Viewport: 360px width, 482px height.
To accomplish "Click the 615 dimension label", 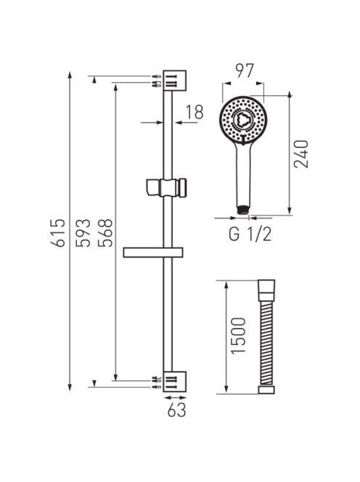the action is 58,232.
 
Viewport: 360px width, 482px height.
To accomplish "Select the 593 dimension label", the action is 83,232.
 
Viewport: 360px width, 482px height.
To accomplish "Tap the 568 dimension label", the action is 105,232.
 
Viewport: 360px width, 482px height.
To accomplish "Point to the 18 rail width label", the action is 195,112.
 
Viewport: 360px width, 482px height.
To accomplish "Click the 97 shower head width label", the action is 245,71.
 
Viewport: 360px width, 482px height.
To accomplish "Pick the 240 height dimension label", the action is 301,154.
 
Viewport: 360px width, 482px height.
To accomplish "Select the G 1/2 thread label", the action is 250,234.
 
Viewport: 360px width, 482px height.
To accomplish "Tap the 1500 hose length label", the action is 239,335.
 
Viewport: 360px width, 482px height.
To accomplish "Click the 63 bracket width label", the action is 177,410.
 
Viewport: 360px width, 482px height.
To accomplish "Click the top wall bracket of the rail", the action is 175,81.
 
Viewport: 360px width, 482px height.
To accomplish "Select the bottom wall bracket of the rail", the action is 175,382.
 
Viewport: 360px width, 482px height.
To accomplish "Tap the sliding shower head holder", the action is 167,187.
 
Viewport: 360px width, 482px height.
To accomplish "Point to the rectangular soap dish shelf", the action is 153,252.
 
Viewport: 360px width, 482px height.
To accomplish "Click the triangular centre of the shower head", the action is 243,120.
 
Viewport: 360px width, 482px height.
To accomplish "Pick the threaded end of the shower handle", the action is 243,210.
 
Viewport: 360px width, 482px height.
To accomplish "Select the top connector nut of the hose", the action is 266,290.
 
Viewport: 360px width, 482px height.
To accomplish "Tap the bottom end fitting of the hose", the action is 266,390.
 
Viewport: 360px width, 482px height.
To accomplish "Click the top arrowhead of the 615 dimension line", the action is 70,75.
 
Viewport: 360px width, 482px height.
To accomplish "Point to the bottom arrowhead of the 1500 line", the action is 226,390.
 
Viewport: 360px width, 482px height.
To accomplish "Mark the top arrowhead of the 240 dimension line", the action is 290,94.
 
